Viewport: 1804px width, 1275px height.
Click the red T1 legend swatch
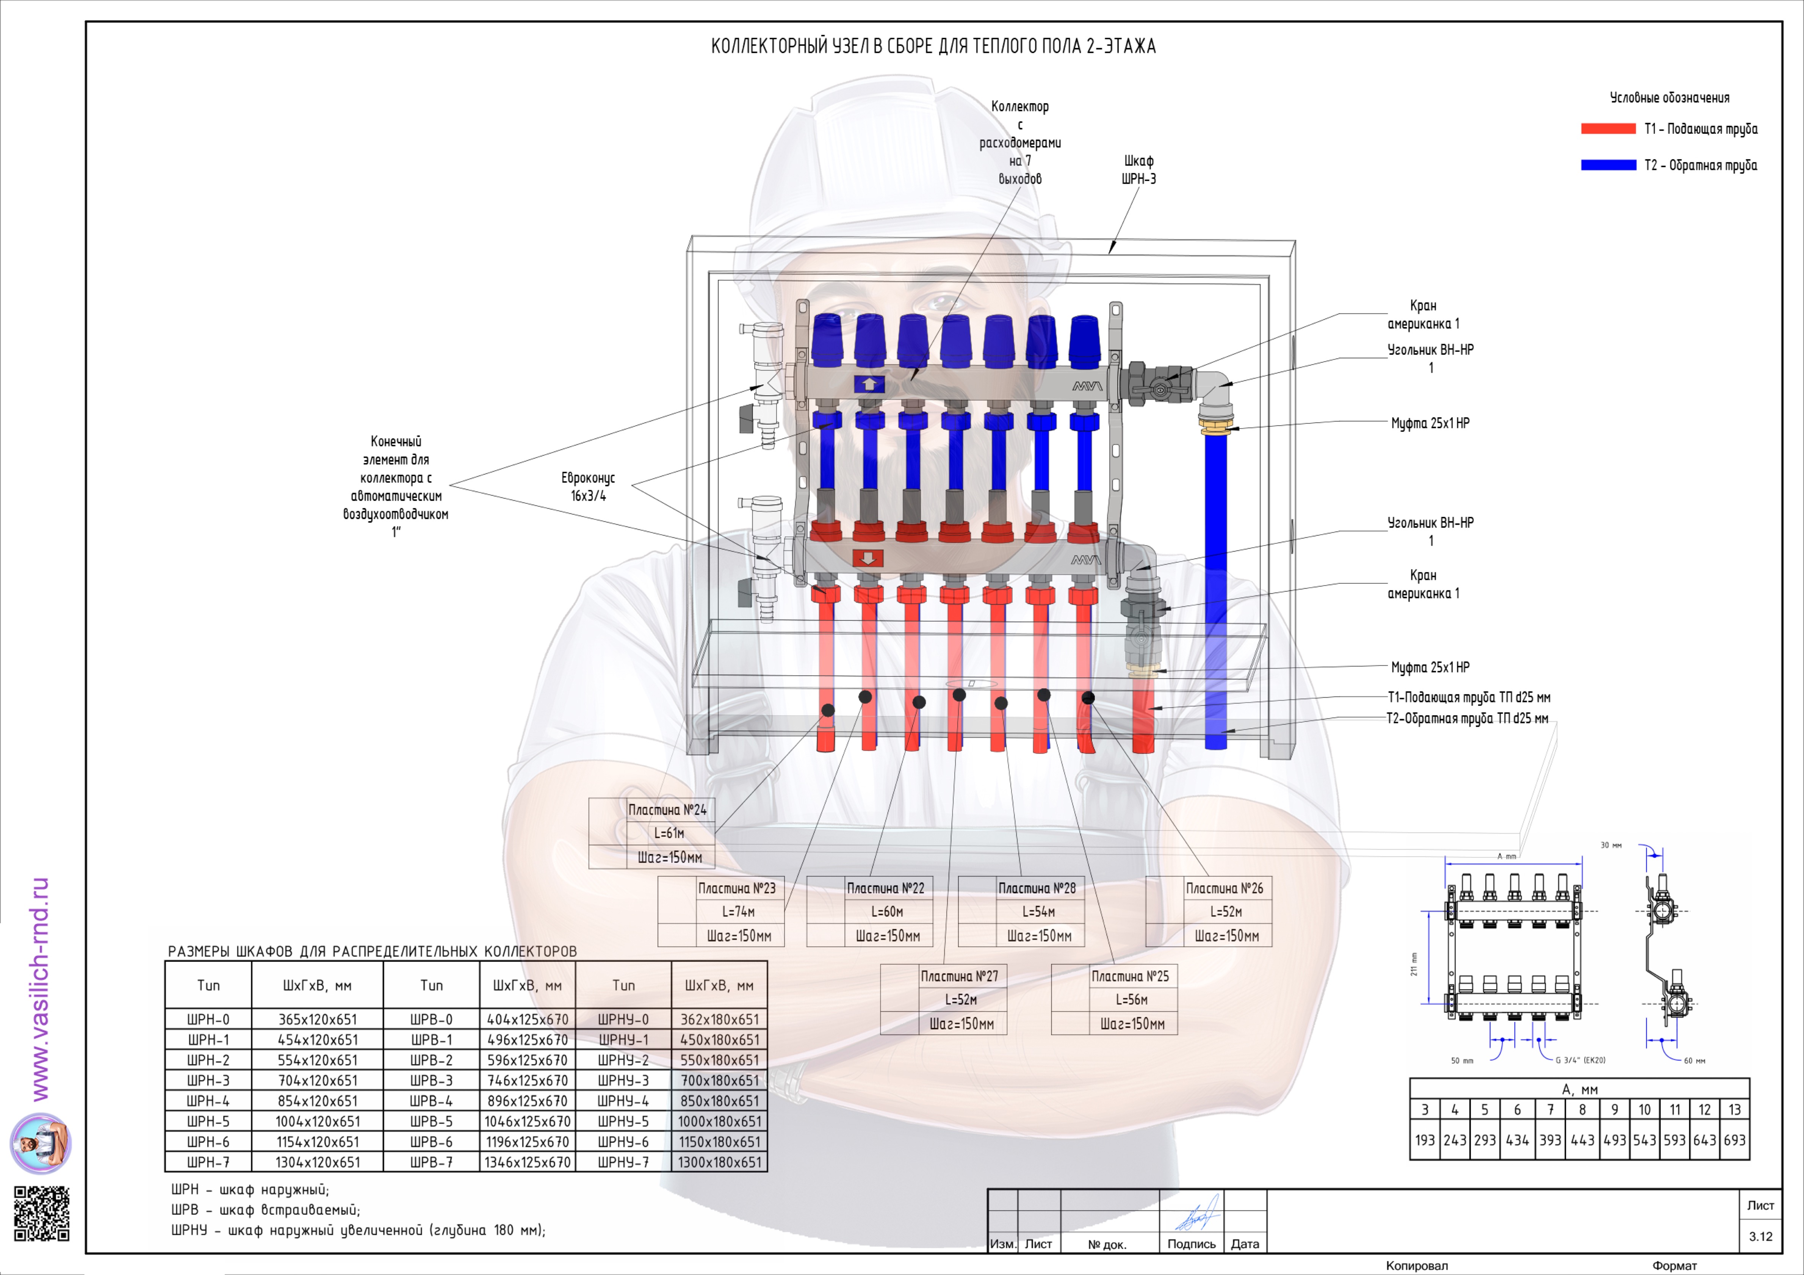(x=1608, y=129)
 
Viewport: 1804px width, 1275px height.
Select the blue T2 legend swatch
(x=1608, y=165)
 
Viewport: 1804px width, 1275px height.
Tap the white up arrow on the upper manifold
(x=869, y=384)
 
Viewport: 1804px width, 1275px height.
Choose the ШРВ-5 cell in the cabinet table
(x=431, y=1121)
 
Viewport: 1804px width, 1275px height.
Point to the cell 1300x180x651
(x=720, y=1162)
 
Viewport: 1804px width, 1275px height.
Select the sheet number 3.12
(x=1760, y=1236)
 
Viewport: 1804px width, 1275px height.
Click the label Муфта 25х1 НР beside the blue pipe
(x=1430, y=423)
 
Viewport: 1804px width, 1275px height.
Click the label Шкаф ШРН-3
(x=1138, y=170)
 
